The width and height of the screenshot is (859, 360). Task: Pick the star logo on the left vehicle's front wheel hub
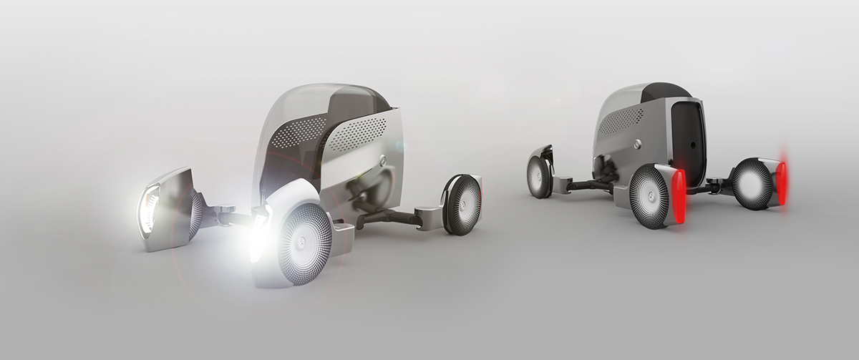pyautogui.click(x=306, y=243)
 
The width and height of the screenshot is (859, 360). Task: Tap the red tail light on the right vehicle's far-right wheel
pyautogui.click(x=782, y=183)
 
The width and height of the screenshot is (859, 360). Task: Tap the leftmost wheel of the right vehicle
pyautogui.click(x=538, y=176)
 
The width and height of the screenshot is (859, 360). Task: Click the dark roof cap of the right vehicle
pyautogui.click(x=666, y=91)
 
